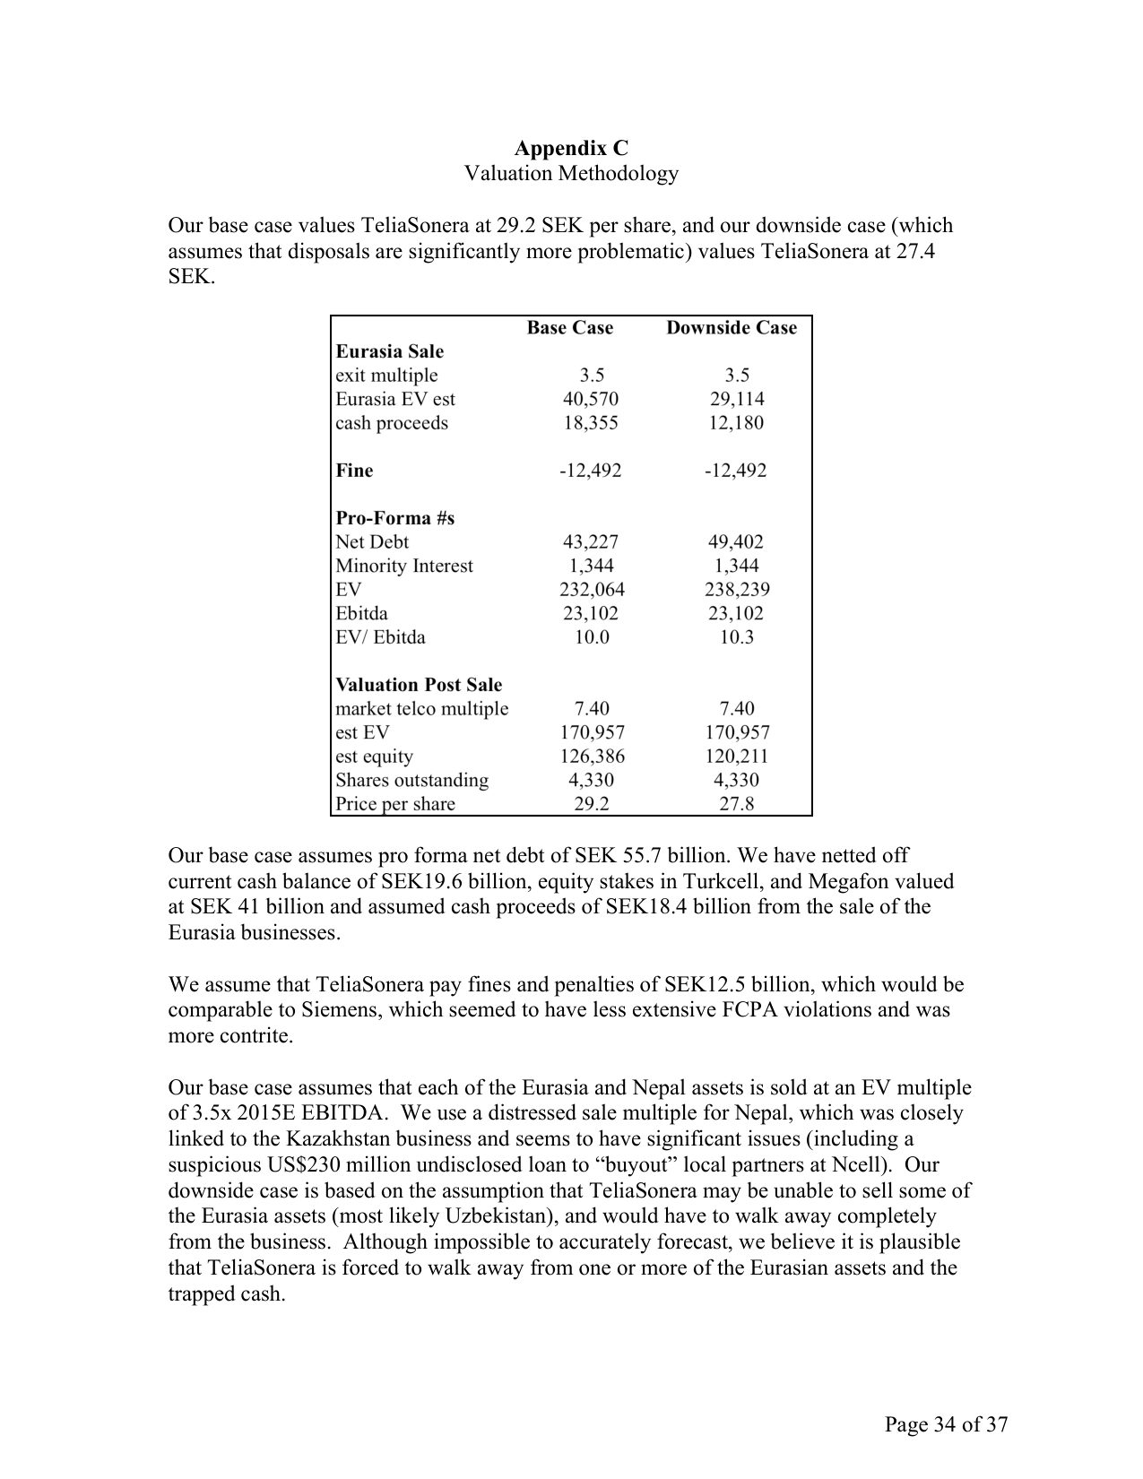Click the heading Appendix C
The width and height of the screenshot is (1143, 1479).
point(571,147)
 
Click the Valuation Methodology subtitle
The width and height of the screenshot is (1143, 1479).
point(571,173)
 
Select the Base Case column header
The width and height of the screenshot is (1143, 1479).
point(569,328)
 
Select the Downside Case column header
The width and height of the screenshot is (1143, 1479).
point(731,328)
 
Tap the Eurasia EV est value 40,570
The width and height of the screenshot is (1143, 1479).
point(590,399)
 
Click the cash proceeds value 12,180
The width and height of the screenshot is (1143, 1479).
point(736,423)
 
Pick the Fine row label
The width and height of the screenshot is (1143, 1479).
point(354,471)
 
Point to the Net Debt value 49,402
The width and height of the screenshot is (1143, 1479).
point(736,541)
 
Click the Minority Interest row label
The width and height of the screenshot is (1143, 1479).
point(403,566)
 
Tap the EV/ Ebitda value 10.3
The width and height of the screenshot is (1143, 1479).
point(736,637)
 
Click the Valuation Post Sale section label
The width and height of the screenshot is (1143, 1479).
point(419,685)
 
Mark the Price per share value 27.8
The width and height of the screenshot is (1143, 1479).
point(736,804)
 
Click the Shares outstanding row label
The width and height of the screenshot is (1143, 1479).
point(411,780)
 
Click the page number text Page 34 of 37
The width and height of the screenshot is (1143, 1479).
point(946,1424)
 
